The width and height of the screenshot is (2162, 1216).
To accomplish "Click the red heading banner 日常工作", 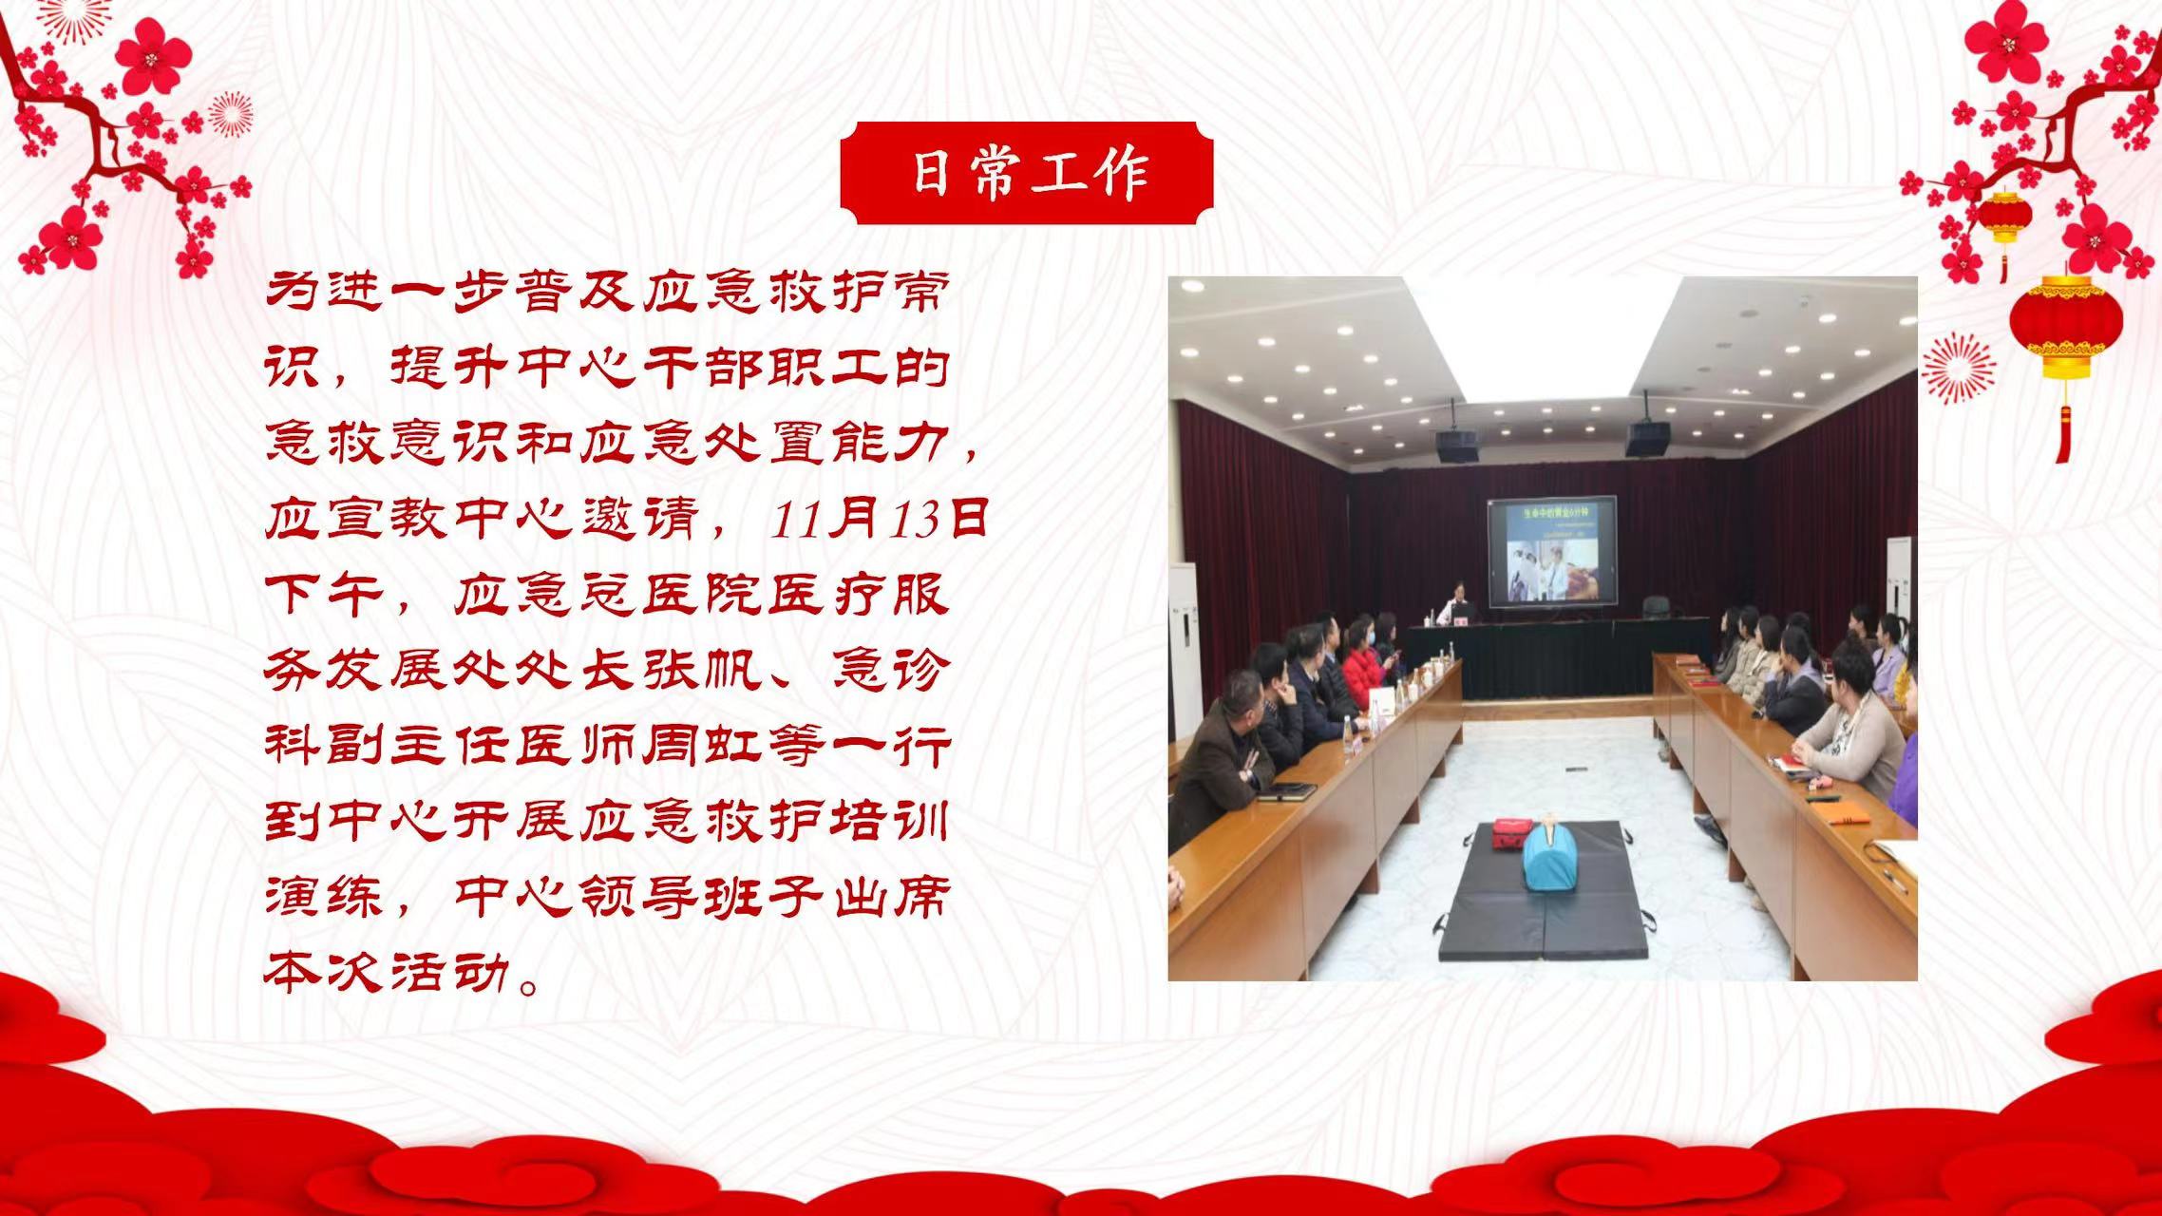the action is click(1026, 173).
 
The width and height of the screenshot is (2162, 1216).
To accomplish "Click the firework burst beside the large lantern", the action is click(1959, 369).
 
